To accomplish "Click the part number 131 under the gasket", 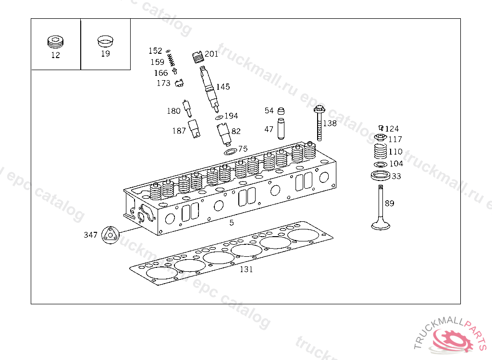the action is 246,269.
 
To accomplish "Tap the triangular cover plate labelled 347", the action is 110,235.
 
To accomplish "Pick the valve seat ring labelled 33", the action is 380,175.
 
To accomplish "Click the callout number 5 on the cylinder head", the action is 232,223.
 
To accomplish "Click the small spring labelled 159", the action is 170,61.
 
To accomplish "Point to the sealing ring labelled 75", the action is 230,152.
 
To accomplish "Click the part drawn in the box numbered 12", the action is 56,42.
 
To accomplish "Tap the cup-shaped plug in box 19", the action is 105,41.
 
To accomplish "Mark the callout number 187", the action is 179,131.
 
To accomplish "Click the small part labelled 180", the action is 188,108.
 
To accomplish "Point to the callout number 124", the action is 392,129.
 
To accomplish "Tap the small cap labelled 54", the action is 281,111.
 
